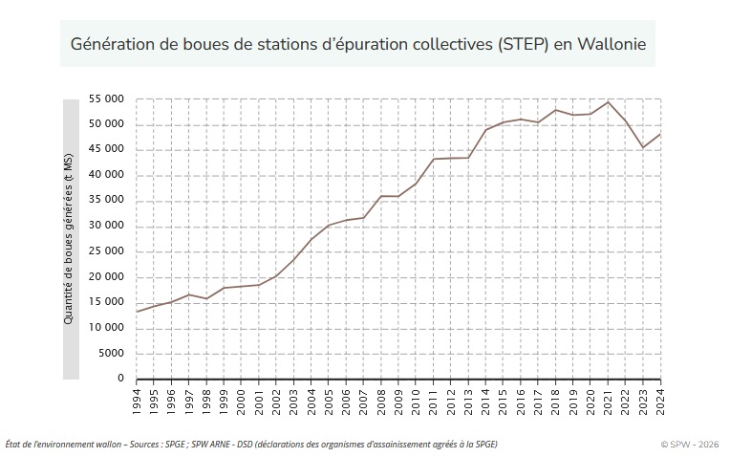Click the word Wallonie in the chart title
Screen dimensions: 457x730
coord(612,44)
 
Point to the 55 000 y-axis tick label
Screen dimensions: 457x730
coord(106,98)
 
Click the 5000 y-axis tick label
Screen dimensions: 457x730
coord(110,353)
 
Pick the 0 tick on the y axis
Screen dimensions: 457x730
coord(121,379)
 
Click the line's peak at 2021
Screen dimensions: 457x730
coord(609,101)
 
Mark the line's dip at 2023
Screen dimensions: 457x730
coord(643,147)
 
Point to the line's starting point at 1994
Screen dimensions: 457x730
coord(137,312)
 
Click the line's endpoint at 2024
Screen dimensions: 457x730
coord(660,134)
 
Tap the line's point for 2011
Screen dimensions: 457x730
coord(434,159)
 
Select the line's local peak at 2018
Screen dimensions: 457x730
coord(556,110)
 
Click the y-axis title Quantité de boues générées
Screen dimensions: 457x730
coord(71,239)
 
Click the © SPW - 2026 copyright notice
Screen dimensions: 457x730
coord(689,445)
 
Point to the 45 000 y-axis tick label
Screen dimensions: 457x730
coord(106,149)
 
